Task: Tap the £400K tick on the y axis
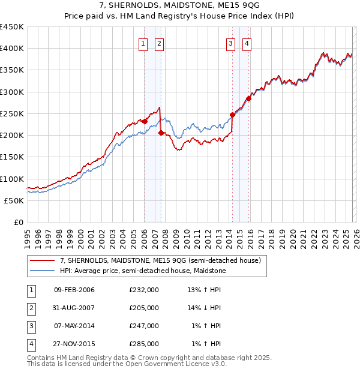pos(12,49)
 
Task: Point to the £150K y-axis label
pos(12,157)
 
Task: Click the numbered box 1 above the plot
pos(144,43)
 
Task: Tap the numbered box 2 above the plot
pos(160,43)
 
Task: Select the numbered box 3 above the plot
pos(231,43)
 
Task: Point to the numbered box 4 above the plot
pos(247,43)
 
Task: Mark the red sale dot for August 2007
pos(161,133)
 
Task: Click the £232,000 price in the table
pos(144,290)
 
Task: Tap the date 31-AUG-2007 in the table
pos(74,308)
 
